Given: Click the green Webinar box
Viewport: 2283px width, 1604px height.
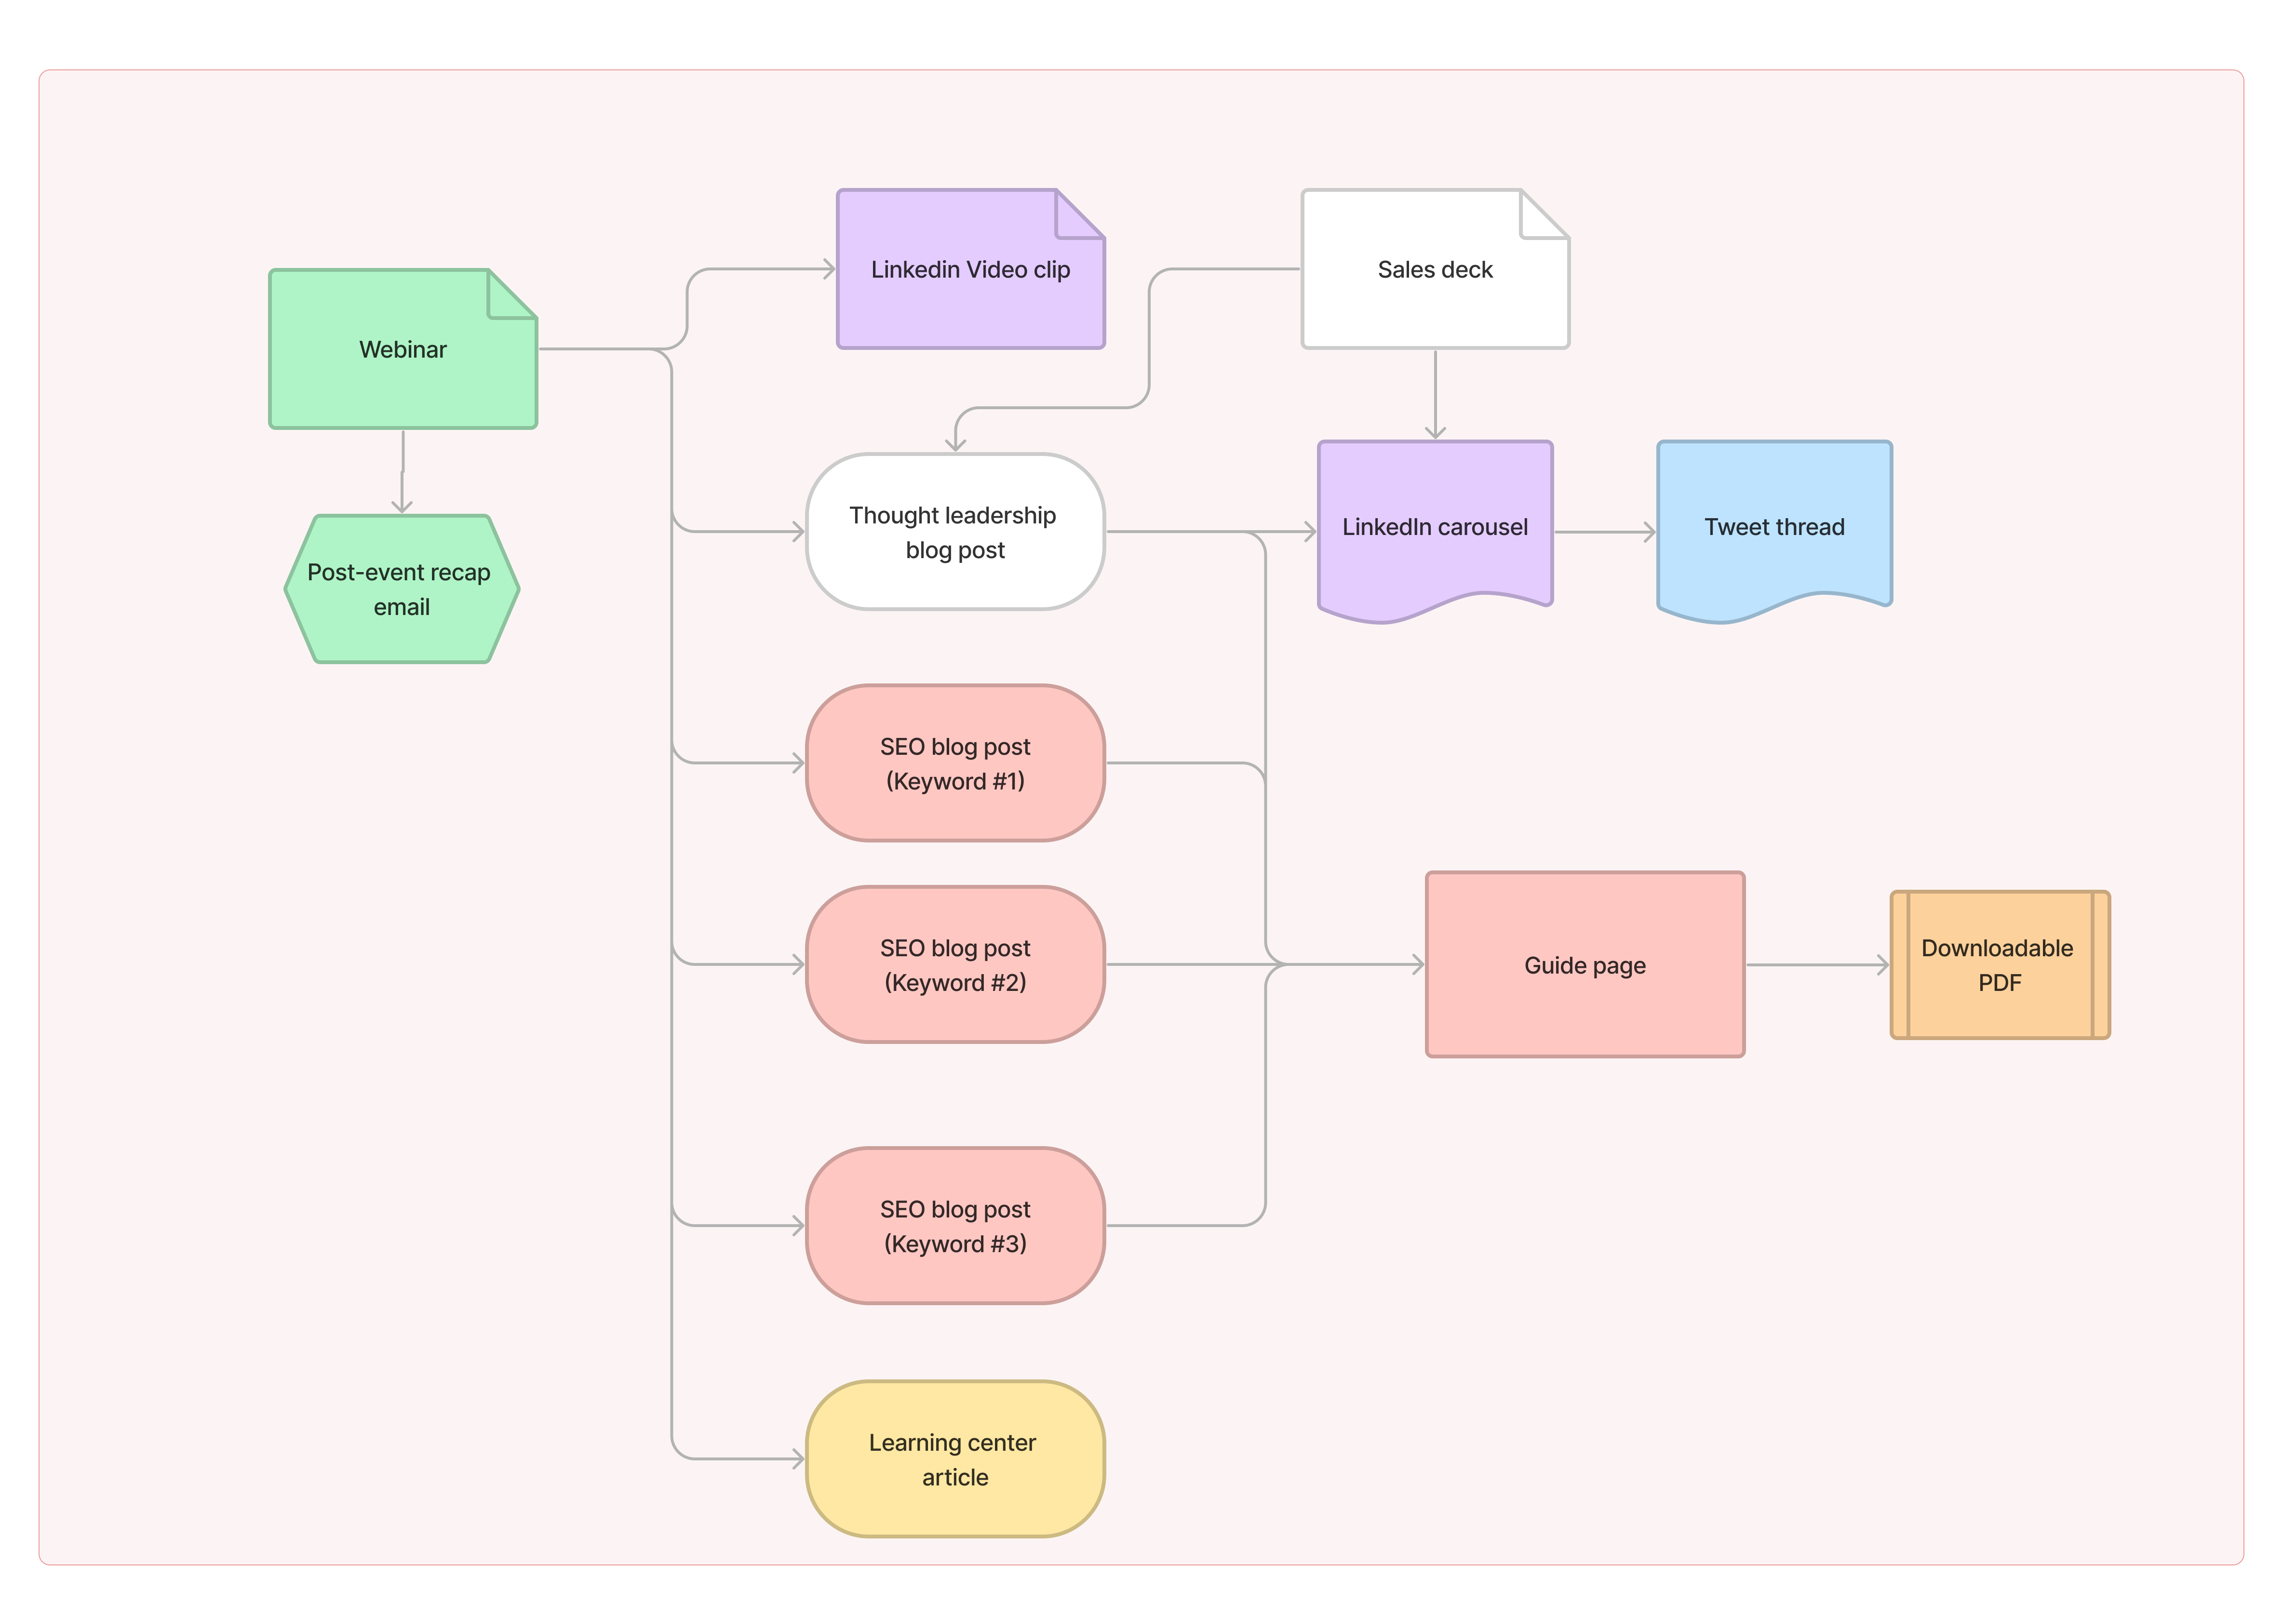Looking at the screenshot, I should [403, 349].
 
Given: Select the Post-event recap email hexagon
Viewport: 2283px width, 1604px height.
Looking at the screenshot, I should [402, 588].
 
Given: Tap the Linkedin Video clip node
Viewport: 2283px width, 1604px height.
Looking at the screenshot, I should [969, 269].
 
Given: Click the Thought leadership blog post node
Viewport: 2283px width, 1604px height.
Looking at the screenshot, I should [954, 532].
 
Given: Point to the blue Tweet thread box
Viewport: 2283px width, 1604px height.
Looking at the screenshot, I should [1774, 527].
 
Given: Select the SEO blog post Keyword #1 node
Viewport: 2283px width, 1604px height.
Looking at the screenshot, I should [954, 763].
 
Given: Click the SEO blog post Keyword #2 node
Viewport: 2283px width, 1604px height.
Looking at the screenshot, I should [954, 964].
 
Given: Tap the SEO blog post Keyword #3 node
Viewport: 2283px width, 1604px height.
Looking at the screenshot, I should [954, 1226].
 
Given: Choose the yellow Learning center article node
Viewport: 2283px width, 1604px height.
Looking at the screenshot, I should [954, 1459].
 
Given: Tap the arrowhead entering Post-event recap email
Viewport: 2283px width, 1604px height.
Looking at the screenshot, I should [402, 507].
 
